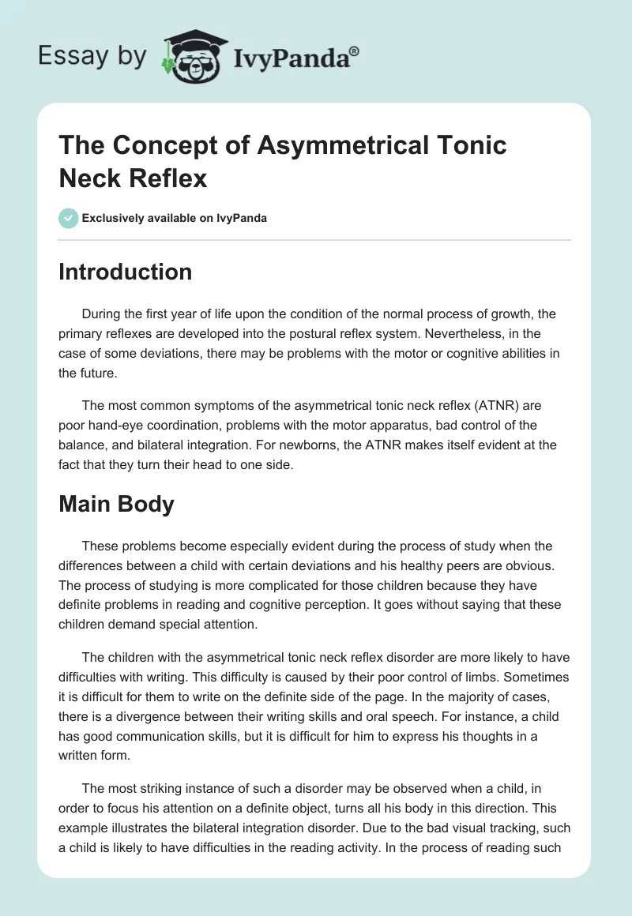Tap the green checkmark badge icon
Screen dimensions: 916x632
click(x=69, y=218)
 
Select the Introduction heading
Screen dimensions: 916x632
click(x=125, y=272)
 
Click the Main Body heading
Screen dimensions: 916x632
click(x=116, y=504)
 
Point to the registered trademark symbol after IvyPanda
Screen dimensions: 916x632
click(x=354, y=51)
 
